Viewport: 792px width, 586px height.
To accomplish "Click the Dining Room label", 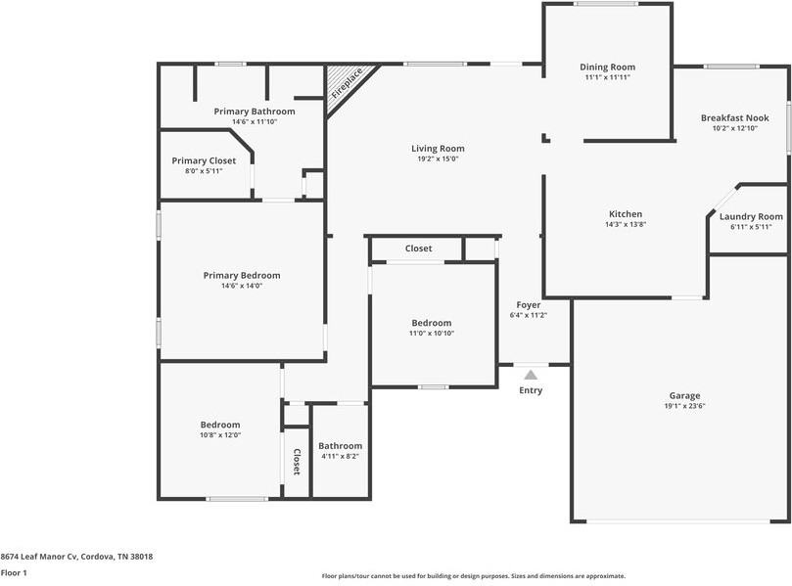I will [x=607, y=67].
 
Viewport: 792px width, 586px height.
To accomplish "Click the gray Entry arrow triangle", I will [x=530, y=374].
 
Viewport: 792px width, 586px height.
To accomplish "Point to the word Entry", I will [x=530, y=390].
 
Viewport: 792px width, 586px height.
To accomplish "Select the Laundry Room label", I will [x=751, y=216].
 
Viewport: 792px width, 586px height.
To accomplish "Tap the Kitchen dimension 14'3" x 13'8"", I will [x=626, y=224].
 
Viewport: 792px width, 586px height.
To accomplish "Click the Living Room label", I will [x=438, y=149].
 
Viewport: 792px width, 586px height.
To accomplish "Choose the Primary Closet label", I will [x=204, y=160].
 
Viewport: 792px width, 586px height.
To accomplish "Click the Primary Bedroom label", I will [x=242, y=275].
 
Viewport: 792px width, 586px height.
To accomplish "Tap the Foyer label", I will [x=529, y=305].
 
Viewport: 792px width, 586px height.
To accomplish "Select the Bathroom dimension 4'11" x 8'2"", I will [x=340, y=456].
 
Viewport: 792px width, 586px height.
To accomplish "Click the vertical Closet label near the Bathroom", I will [x=297, y=462].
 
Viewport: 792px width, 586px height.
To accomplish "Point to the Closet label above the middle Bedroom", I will [x=418, y=248].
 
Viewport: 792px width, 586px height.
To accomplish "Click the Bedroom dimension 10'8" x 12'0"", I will [x=220, y=434].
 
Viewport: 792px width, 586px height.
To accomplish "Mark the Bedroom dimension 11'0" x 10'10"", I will [x=431, y=333].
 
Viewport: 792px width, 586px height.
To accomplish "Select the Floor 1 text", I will [x=13, y=572].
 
